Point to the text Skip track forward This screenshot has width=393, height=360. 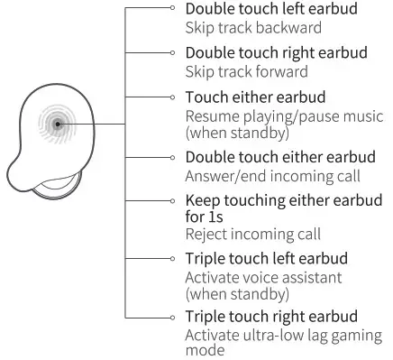(245, 71)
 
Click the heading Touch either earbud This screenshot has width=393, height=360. (255, 97)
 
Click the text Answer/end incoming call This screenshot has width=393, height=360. (272, 176)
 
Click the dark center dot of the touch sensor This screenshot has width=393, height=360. (57, 124)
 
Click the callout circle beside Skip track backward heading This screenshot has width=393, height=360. (174, 8)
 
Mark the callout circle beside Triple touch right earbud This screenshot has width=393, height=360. (174, 316)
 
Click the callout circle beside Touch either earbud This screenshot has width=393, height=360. (174, 97)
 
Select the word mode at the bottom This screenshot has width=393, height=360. (204, 351)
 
